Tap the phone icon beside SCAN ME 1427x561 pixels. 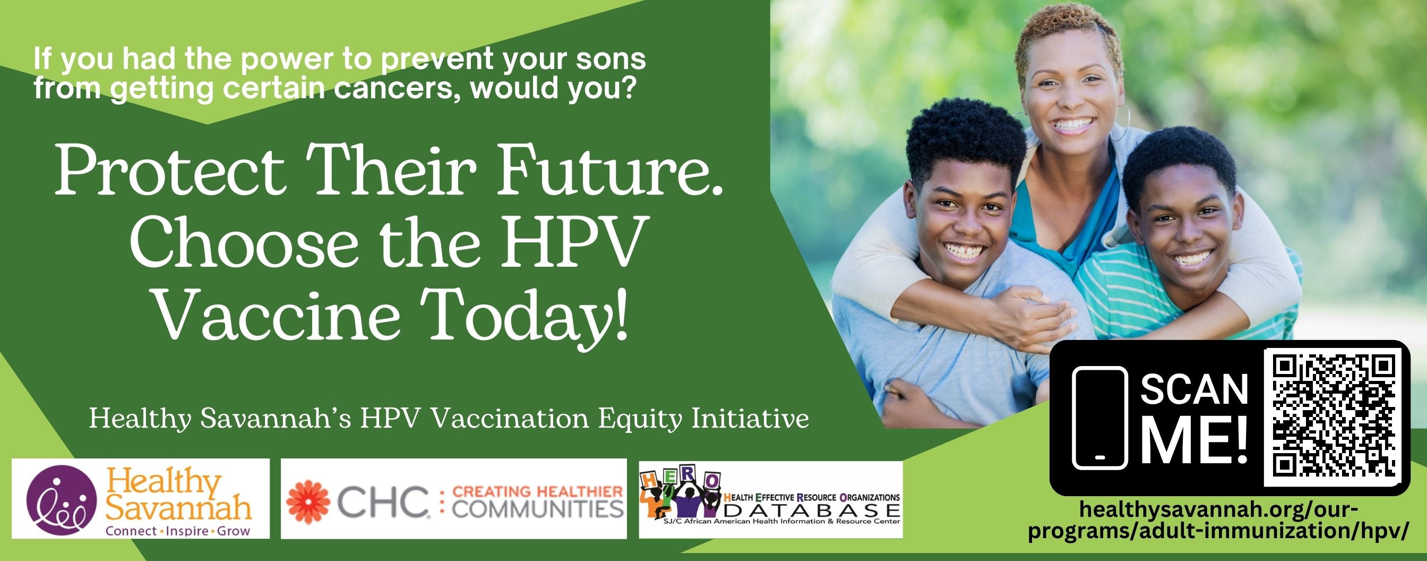click(1099, 418)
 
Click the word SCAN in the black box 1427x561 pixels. click(1194, 390)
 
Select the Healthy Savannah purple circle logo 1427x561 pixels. click(62, 499)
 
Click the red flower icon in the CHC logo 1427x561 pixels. click(308, 501)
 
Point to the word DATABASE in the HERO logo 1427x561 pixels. click(812, 509)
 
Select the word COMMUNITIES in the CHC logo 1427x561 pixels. click(538, 509)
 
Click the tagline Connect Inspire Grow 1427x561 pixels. click(178, 531)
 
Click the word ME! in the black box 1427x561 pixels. click(1194, 441)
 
